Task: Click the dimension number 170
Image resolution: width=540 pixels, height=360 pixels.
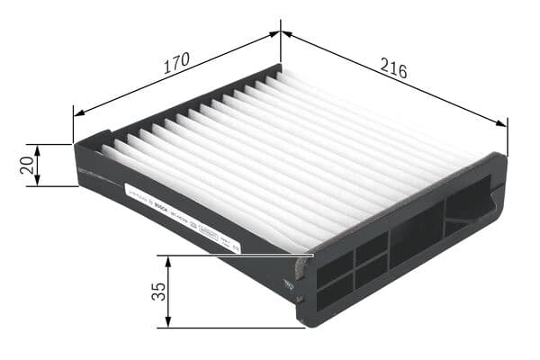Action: (x=176, y=62)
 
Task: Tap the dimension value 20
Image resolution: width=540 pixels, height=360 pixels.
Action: (x=26, y=165)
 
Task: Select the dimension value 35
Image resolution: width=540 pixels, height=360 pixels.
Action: (x=158, y=292)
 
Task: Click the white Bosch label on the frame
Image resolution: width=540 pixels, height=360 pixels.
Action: (x=180, y=211)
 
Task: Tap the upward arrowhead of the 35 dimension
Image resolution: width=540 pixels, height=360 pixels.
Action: (x=168, y=260)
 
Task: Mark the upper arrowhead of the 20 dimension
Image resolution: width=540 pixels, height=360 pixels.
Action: (x=37, y=148)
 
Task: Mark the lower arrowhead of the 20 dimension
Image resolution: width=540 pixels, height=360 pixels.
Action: (x=37, y=181)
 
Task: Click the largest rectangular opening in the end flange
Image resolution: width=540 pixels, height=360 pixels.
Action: (x=416, y=233)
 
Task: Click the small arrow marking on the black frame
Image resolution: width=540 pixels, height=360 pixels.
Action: (x=288, y=283)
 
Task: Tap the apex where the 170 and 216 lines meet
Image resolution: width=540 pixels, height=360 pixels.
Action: (x=281, y=33)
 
